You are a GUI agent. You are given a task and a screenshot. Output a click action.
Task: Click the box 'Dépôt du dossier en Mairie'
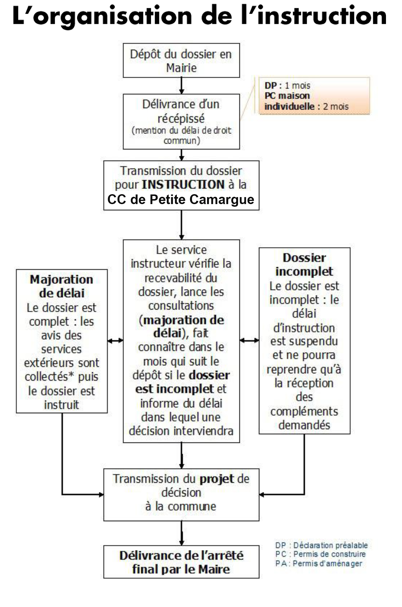tap(181, 61)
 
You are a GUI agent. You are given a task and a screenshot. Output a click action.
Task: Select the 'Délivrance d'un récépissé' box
tap(181, 121)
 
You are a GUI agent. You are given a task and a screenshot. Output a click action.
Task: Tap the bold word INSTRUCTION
tap(183, 185)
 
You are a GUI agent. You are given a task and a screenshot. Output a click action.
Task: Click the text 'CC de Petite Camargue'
tap(181, 200)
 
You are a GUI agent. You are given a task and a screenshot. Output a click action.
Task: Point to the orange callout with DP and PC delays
tap(314, 96)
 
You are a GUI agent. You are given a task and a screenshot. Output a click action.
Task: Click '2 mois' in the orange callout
tap(336, 107)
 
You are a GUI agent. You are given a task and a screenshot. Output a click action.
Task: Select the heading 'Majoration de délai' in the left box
tap(61, 286)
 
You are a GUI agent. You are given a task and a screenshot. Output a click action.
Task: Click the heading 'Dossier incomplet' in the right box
tap(304, 264)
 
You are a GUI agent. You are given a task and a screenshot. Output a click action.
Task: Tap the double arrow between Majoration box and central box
tap(115, 340)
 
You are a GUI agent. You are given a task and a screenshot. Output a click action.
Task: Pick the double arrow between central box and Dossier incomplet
tap(249, 340)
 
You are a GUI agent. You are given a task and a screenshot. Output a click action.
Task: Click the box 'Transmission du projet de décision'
tap(181, 495)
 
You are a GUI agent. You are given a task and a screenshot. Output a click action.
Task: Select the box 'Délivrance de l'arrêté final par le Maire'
tap(181, 562)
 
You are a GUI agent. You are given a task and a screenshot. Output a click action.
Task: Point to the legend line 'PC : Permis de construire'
tap(320, 554)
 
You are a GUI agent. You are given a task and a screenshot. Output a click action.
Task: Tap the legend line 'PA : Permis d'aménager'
tap(319, 563)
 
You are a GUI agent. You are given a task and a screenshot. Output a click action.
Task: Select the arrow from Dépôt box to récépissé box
tap(181, 86)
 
